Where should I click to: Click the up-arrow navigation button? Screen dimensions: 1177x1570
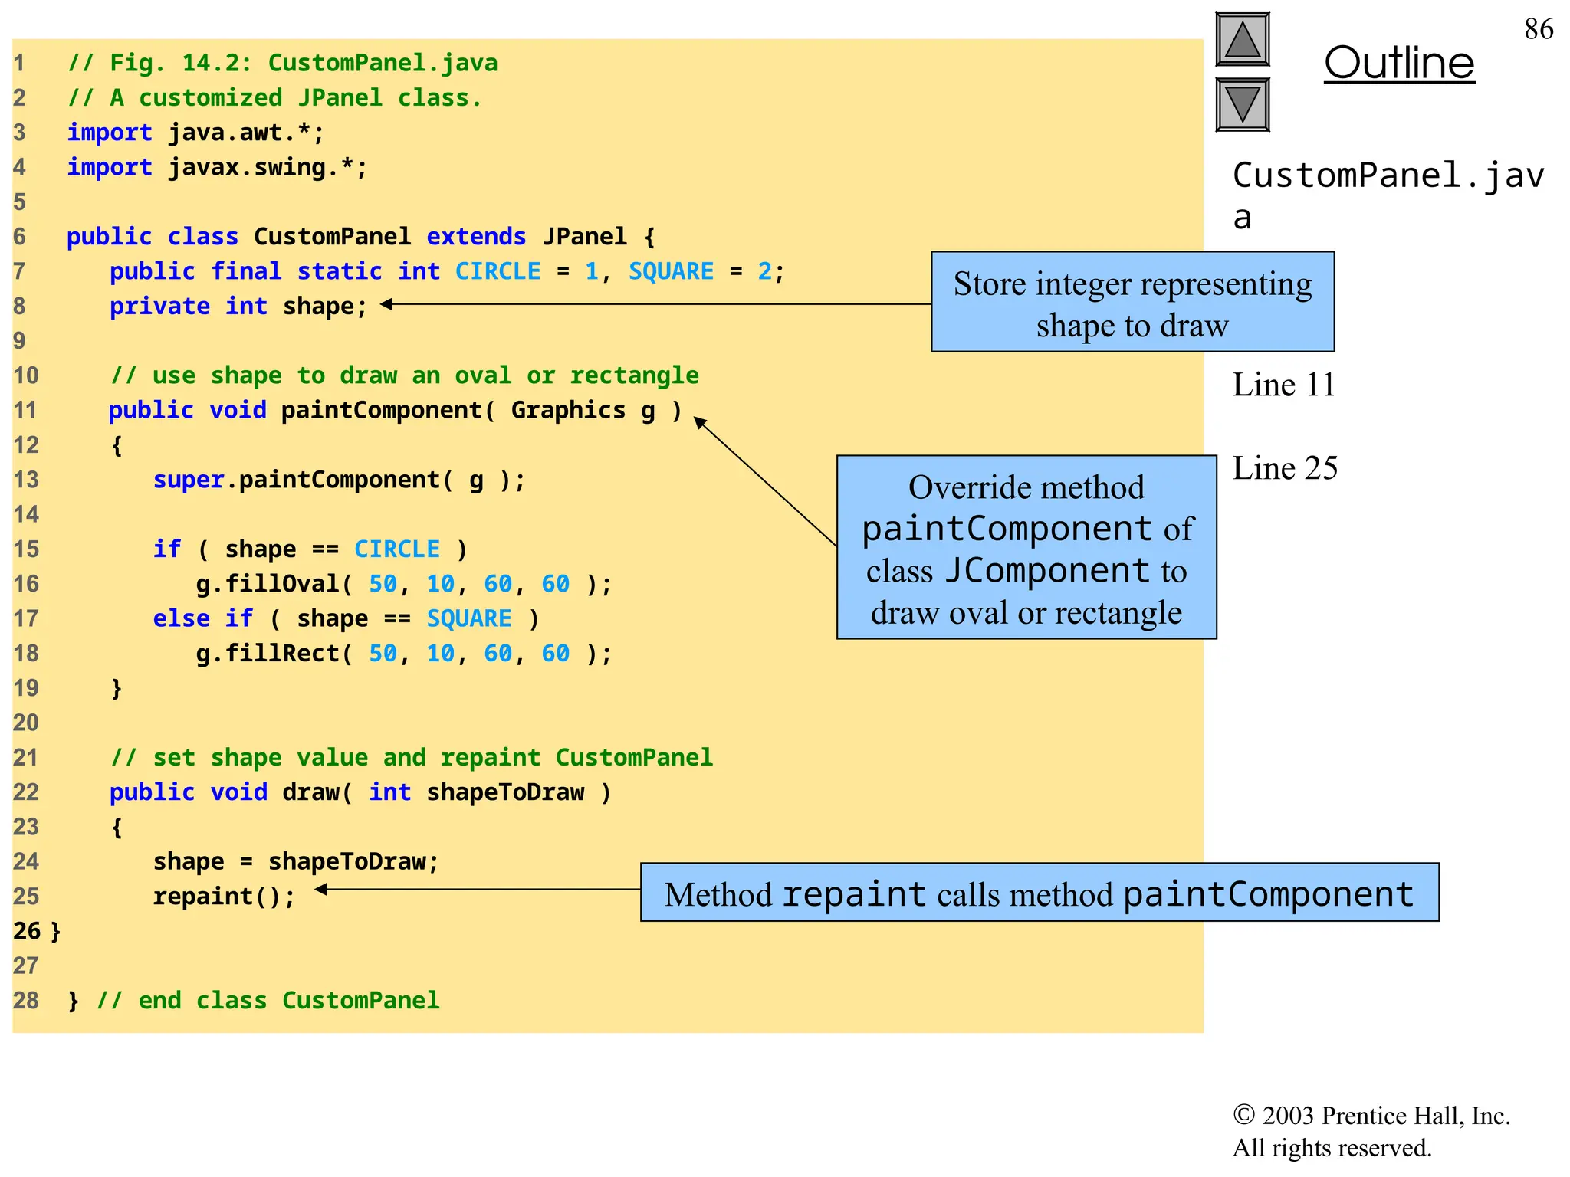pyautogui.click(x=1243, y=40)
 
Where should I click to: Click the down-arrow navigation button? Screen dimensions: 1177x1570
pyautogui.click(x=1243, y=104)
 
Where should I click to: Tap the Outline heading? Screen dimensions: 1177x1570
pyautogui.click(x=1399, y=63)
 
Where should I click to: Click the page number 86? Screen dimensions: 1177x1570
pyautogui.click(x=1539, y=29)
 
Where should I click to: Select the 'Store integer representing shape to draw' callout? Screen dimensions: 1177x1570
pyautogui.click(x=1132, y=302)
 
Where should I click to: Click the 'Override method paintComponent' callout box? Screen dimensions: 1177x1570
pyautogui.click(x=1026, y=547)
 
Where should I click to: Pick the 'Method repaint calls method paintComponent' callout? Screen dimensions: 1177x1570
pyautogui.click(x=1040, y=893)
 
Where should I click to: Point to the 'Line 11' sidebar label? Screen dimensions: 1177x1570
pyautogui.click(x=1283, y=385)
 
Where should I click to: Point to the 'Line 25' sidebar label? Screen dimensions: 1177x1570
pyautogui.click(x=1285, y=468)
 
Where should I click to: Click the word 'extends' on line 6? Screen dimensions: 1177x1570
pyautogui.click(x=476, y=237)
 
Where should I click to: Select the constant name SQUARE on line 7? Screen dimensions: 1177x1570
pyautogui.click(x=671, y=271)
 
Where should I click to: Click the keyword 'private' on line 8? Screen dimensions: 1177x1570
pyautogui.click(x=159, y=307)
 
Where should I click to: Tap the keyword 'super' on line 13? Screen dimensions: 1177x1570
pyautogui.click(x=189, y=480)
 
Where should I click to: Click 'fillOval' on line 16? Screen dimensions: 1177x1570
pyautogui.click(x=282, y=585)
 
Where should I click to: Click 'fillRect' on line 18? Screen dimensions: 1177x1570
pyautogui.click(x=282, y=654)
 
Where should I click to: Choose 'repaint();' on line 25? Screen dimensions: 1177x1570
pyautogui.click(x=224, y=897)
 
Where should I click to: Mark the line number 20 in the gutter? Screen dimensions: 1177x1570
pyautogui.click(x=25, y=723)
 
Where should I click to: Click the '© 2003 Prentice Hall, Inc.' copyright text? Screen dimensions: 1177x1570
pyautogui.click(x=1371, y=1116)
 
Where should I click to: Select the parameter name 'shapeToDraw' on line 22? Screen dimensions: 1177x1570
pyautogui.click(x=505, y=792)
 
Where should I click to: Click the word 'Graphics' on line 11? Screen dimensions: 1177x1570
pyautogui.click(x=568, y=411)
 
